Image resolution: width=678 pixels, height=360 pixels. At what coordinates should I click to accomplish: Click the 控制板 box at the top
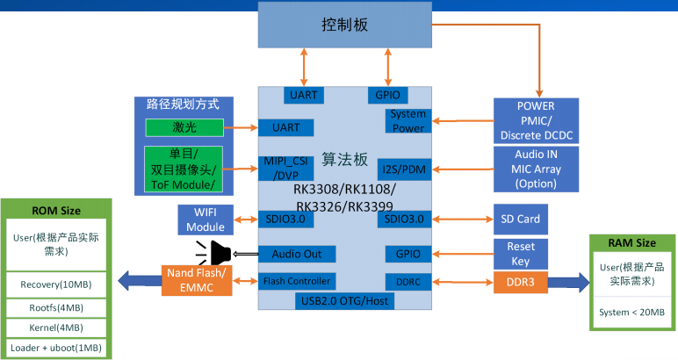pos(345,25)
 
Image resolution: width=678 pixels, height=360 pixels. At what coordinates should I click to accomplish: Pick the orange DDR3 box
pos(522,282)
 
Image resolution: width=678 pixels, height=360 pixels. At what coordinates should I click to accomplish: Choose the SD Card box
pos(522,219)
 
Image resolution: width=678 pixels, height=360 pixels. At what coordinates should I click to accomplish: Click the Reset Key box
pos(522,253)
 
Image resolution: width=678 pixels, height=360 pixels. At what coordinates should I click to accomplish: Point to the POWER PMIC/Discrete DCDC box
pos(537,121)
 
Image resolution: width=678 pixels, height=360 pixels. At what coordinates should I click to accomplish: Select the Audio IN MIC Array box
pos(537,169)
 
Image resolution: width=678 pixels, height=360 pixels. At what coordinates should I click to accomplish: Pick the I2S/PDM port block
pos(403,167)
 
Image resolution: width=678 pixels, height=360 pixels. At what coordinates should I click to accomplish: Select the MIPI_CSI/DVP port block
pos(285,168)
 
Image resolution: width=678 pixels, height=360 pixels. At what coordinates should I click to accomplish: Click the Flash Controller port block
pos(297,281)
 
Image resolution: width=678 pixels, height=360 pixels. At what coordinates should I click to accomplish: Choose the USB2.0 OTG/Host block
pos(345,300)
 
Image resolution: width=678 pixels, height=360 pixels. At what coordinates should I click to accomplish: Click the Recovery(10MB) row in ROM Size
pos(55,284)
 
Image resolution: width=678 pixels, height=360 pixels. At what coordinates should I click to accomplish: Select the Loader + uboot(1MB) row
pos(55,348)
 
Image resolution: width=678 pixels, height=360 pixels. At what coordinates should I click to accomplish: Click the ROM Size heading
pos(55,210)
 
